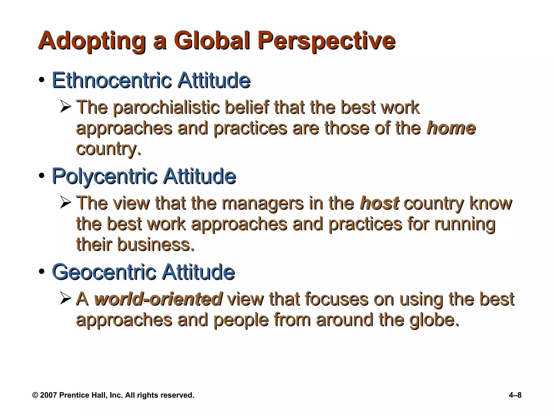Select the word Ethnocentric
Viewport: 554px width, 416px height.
click(112, 80)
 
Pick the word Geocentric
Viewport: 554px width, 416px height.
click(104, 272)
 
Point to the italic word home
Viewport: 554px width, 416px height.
click(451, 128)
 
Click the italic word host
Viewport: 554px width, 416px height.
click(379, 203)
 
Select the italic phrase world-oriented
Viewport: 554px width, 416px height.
click(159, 299)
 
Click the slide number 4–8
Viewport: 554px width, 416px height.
click(515, 395)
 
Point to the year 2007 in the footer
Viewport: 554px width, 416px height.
click(48, 395)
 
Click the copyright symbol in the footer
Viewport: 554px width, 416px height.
click(35, 395)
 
